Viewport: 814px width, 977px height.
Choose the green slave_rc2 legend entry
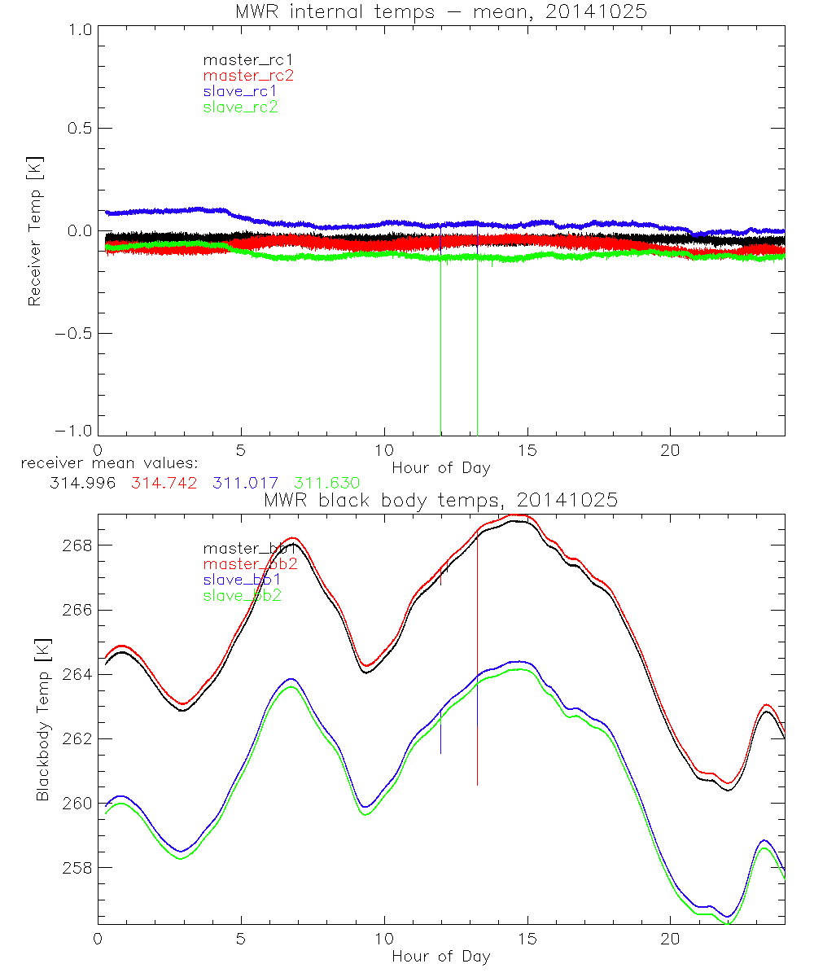(241, 107)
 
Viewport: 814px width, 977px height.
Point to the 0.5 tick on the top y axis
(77, 129)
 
